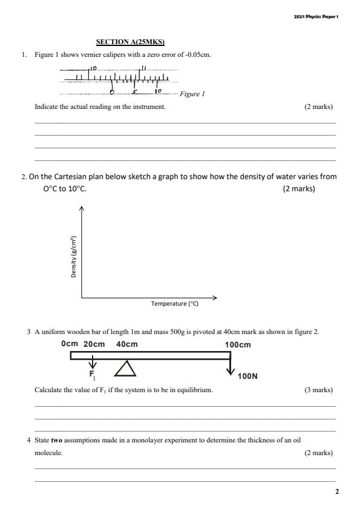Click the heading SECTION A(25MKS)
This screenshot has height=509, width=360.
pos(131,42)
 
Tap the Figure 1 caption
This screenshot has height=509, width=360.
pos(192,94)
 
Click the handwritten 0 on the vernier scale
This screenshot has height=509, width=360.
pos(113,93)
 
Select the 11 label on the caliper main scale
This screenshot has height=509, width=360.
pos(143,67)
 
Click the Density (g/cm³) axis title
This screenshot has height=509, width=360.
pos(73,257)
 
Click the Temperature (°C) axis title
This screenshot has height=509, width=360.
pos(175,304)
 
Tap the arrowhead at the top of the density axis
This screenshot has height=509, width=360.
pos(82,209)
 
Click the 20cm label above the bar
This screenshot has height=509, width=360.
pos(94,344)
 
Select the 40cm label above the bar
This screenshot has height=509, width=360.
pos(127,344)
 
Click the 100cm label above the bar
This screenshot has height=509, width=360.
pos(238,344)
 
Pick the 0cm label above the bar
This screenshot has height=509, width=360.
pos(70,344)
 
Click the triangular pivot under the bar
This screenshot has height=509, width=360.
pos(125,369)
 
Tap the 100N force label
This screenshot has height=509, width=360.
pos(248,376)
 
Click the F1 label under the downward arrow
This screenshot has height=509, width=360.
pos(93,375)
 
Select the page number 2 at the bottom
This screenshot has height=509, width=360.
pos(337,491)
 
